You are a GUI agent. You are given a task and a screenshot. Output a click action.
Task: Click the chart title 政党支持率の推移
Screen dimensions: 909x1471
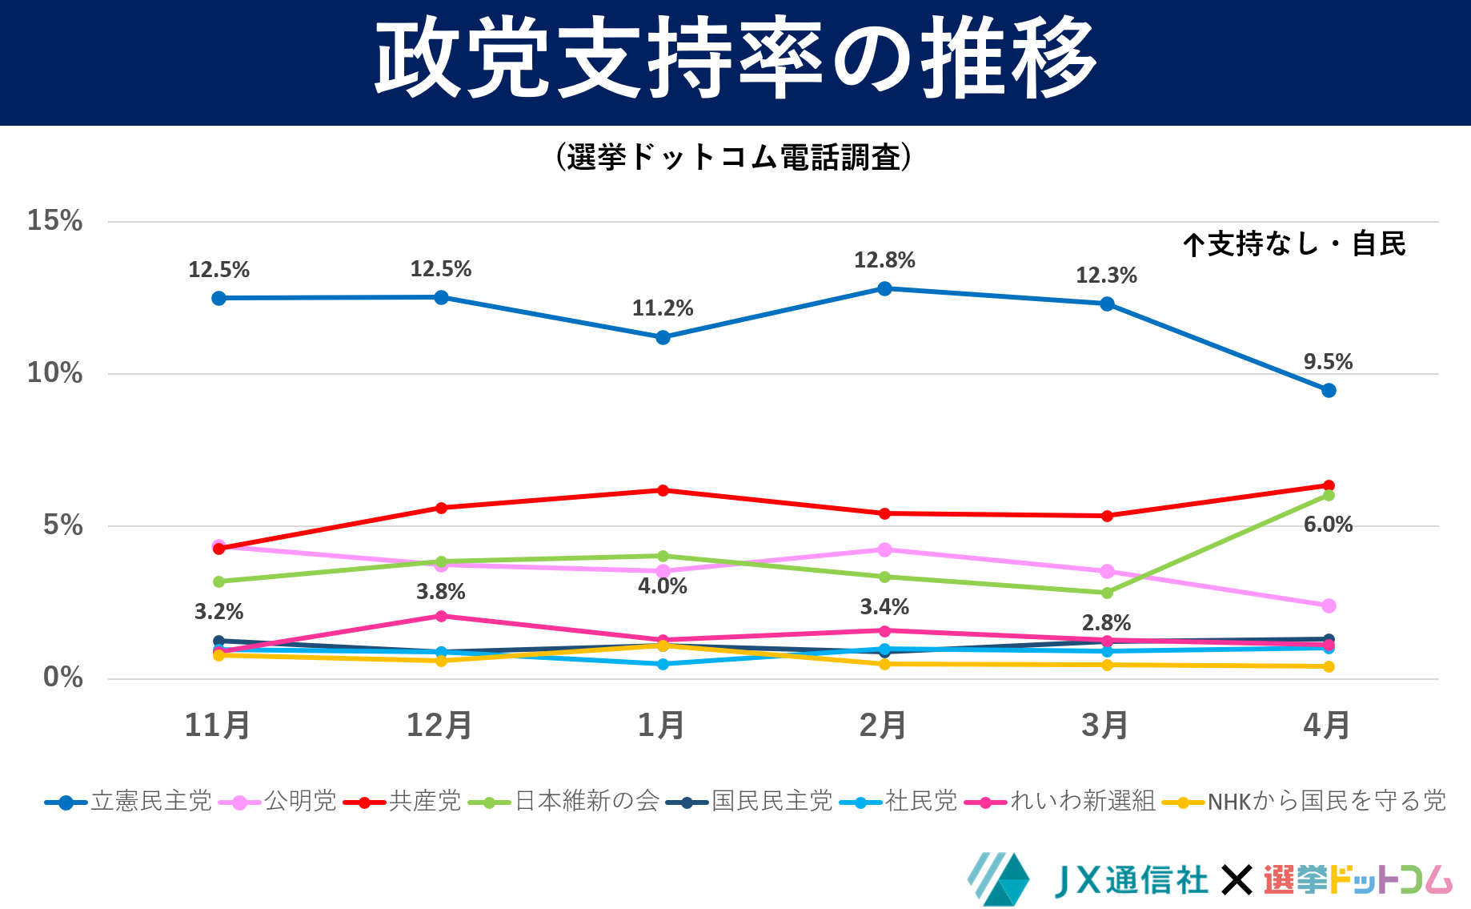click(735, 60)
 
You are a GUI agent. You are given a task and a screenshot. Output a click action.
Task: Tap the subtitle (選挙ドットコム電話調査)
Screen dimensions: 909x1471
click(735, 157)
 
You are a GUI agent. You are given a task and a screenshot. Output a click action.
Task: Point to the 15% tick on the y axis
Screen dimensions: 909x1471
click(54, 221)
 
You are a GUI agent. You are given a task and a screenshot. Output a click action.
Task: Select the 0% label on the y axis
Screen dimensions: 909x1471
click(62, 678)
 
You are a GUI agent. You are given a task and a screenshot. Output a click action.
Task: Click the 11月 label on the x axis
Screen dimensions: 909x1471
click(218, 726)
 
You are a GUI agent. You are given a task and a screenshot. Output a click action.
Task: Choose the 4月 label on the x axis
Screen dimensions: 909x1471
click(1327, 726)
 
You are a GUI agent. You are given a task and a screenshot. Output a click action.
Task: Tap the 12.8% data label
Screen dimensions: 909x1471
click(884, 260)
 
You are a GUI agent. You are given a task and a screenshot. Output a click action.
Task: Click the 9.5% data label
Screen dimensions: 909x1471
click(1328, 362)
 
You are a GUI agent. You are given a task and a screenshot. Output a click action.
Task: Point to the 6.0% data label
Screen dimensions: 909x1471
click(1328, 525)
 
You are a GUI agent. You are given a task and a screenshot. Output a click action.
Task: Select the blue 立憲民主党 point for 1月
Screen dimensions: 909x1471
click(663, 337)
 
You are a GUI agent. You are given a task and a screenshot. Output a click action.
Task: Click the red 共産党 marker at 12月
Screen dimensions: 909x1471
click(441, 508)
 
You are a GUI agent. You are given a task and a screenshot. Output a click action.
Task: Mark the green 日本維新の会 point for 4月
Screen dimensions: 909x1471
click(1329, 495)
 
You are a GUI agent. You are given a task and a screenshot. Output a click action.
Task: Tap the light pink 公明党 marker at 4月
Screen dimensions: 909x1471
click(1329, 605)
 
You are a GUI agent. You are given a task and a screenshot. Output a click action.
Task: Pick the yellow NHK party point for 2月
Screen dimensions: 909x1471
click(884, 664)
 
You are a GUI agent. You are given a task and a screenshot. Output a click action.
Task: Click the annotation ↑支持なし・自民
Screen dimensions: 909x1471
click(1294, 244)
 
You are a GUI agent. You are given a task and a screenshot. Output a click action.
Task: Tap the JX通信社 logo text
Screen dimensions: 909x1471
click(1131, 881)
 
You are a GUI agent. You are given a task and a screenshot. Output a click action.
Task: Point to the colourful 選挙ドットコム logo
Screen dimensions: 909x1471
click(1357, 880)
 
